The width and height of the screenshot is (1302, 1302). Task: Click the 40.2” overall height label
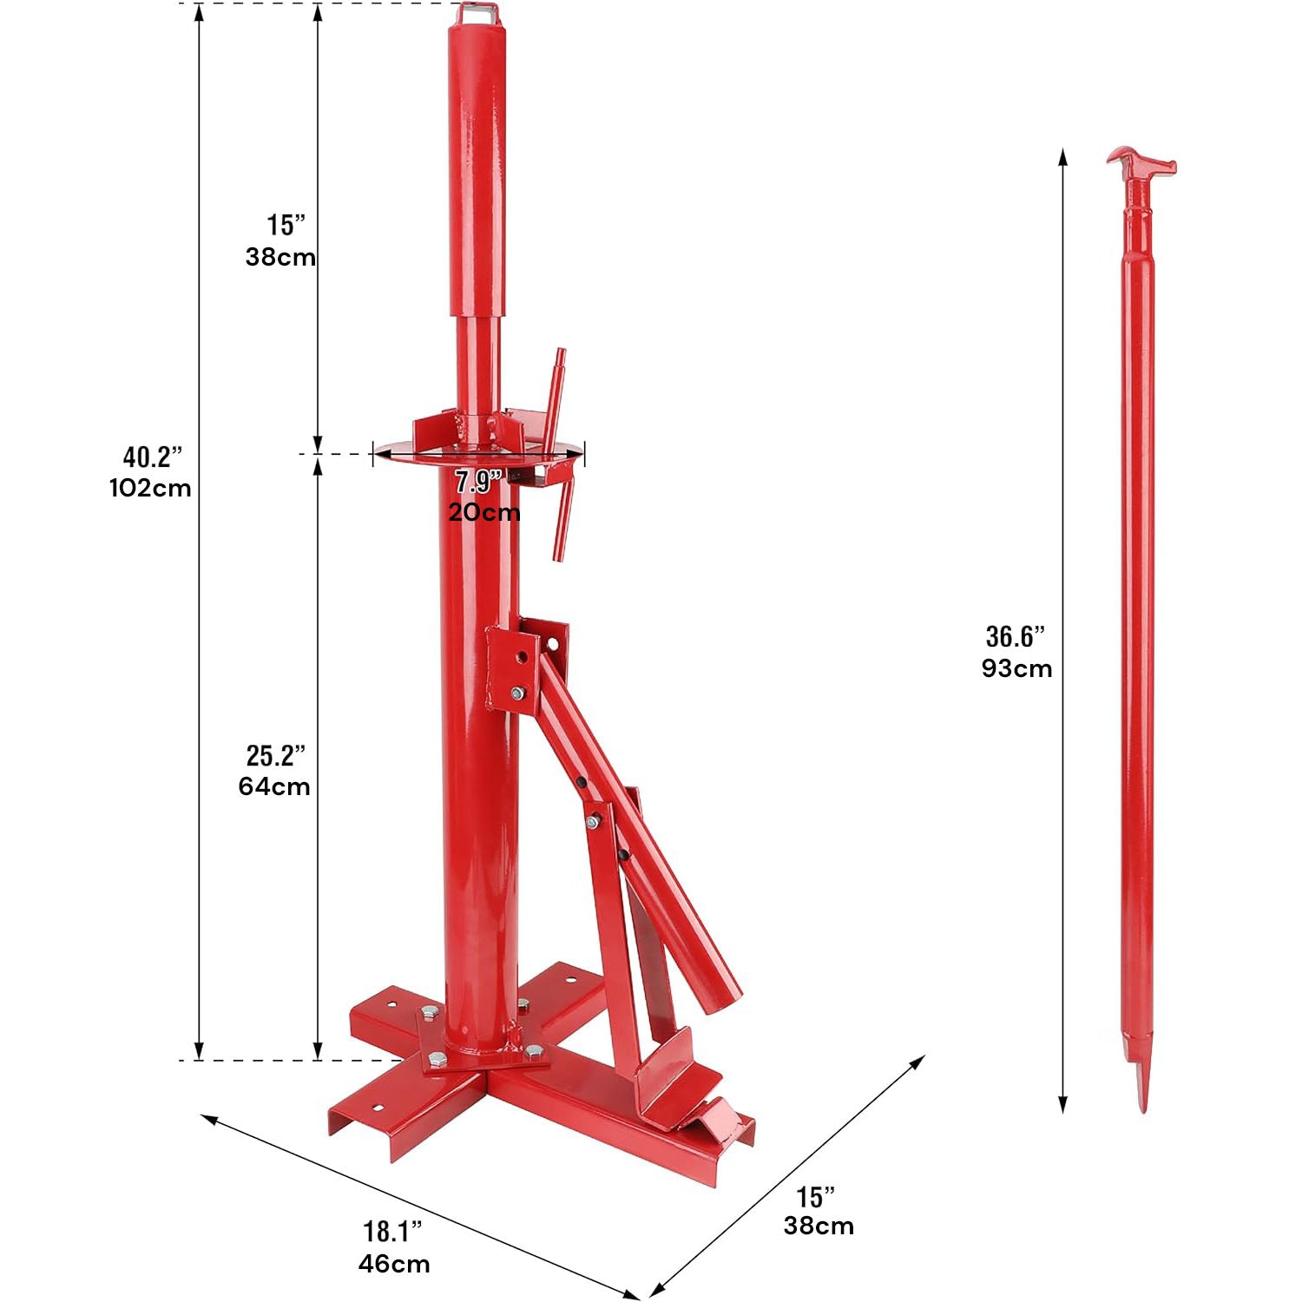click(x=153, y=457)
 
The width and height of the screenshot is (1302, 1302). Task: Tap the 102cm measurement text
click(x=150, y=488)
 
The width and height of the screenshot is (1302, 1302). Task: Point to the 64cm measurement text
click(x=274, y=786)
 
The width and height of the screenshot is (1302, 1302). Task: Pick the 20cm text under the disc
click(x=484, y=512)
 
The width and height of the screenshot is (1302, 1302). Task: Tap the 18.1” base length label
click(x=392, y=1232)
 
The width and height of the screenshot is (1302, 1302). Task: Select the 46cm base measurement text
click(x=394, y=1263)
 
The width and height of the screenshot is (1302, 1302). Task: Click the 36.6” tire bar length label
click(x=1016, y=637)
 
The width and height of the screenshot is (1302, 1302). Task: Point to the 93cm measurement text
click(x=1016, y=668)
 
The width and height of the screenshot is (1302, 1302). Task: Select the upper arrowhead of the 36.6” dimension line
click(x=1063, y=156)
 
